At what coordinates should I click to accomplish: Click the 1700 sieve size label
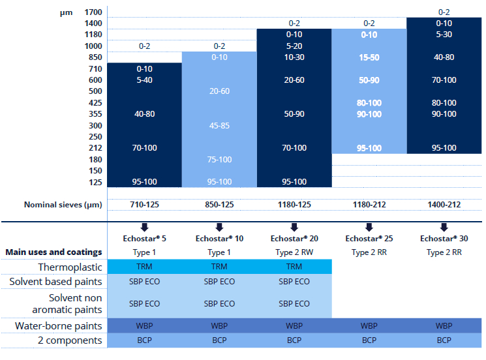pyautogui.click(x=93, y=12)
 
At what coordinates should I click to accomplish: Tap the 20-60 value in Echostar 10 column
pyautogui.click(x=219, y=91)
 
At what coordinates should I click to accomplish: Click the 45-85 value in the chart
pyautogui.click(x=219, y=125)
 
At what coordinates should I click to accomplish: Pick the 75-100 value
pyautogui.click(x=219, y=160)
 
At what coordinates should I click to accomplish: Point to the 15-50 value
pyautogui.click(x=369, y=57)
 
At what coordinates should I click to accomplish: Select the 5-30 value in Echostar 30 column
pyautogui.click(x=444, y=35)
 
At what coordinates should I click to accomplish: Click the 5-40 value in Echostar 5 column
pyautogui.click(x=144, y=80)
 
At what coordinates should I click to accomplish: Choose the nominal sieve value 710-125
pyautogui.click(x=144, y=204)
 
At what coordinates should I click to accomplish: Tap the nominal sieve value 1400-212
pyautogui.click(x=444, y=204)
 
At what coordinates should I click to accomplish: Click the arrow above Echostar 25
pyautogui.click(x=369, y=227)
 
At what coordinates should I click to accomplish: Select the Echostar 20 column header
pyautogui.click(x=294, y=239)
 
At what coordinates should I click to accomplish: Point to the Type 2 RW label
pyautogui.click(x=294, y=252)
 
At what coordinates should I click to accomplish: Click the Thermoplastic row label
pyautogui.click(x=70, y=266)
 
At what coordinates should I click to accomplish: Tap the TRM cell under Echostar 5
pyautogui.click(x=144, y=266)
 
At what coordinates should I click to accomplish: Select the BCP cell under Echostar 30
pyautogui.click(x=444, y=340)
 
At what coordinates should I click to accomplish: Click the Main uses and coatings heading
pyautogui.click(x=53, y=252)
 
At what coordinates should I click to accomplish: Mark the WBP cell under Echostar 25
pyautogui.click(x=369, y=325)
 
